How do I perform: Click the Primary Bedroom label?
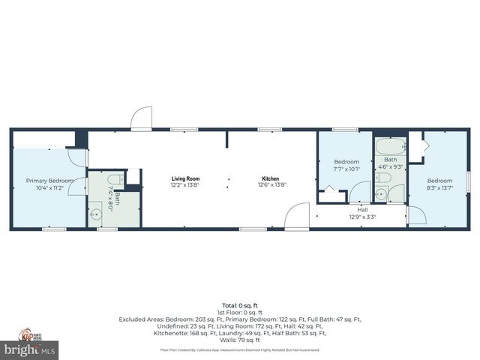pyautogui.click(x=49, y=180)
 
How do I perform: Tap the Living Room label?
pyautogui.click(x=186, y=178)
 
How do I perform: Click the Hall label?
pyautogui.click(x=362, y=211)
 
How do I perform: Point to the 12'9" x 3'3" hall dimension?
pyautogui.click(x=362, y=217)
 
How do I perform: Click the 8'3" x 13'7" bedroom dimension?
pyautogui.click(x=440, y=187)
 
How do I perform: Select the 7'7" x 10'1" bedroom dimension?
pyautogui.click(x=346, y=169)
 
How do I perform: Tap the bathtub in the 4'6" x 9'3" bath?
pyautogui.click(x=390, y=146)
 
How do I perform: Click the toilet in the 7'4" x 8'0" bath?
pyautogui.click(x=113, y=179)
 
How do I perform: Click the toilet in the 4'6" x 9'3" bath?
pyautogui.click(x=382, y=178)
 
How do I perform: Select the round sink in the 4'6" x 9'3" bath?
pyautogui.click(x=381, y=194)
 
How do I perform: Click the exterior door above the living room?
pyautogui.click(x=141, y=118)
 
